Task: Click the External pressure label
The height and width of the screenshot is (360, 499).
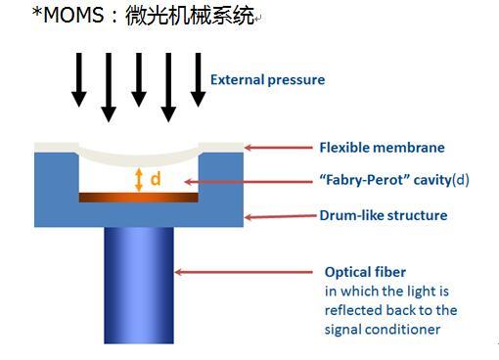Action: (267, 80)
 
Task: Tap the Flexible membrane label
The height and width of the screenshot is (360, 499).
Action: (382, 148)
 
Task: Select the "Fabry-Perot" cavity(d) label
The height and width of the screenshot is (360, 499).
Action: (394, 180)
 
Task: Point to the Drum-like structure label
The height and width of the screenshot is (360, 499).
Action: (384, 215)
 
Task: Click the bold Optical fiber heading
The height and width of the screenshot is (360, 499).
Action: (365, 272)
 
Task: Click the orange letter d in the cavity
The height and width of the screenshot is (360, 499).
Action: (156, 179)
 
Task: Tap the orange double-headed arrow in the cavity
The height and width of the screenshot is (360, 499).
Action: (139, 180)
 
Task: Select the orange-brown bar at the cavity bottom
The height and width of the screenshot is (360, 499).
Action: (139, 198)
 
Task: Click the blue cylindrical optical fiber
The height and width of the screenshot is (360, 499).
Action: (139, 286)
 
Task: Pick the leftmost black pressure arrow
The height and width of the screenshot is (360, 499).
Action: (79, 80)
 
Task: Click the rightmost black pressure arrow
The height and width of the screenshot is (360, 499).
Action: (198, 80)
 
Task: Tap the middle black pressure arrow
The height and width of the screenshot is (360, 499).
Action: (139, 80)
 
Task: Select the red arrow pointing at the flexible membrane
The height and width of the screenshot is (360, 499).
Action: (279, 148)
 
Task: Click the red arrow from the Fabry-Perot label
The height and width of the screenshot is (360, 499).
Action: (249, 182)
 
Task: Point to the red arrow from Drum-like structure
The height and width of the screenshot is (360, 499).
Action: (281, 216)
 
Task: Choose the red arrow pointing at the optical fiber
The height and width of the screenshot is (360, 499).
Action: (244, 272)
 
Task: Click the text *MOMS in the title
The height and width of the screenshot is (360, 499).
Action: (68, 15)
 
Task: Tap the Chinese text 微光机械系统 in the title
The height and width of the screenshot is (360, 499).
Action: (190, 16)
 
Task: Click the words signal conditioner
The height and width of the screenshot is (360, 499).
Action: (383, 330)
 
